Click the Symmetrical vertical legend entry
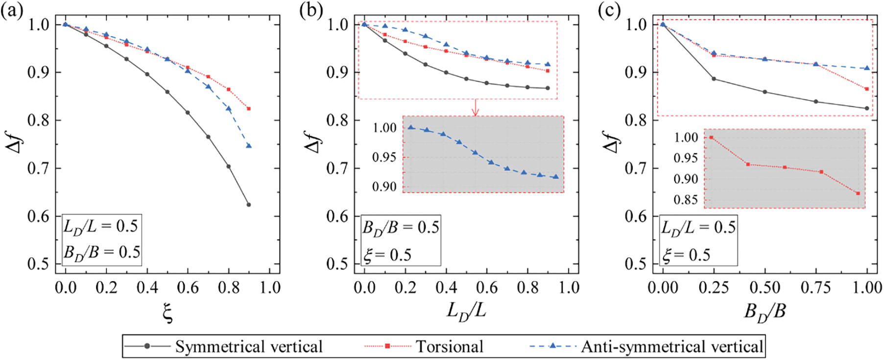pyautogui.click(x=223, y=346)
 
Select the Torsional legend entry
pyautogui.click(x=424, y=346)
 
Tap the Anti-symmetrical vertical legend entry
pyautogui.click(x=646, y=346)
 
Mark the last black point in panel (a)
pyautogui.click(x=249, y=205)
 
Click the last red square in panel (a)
pyautogui.click(x=249, y=109)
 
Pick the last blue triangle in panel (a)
pyautogui.click(x=249, y=145)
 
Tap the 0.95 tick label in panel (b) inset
pyautogui.click(x=384, y=158)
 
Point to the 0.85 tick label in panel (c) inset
pyautogui.click(x=686, y=200)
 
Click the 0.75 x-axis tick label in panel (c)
pyautogui.click(x=816, y=288)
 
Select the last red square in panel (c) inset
pyautogui.click(x=858, y=193)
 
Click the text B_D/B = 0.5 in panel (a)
pyautogui.click(x=101, y=252)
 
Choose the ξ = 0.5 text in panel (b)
pyautogui.click(x=387, y=255)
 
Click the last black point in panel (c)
pyautogui.click(x=867, y=108)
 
